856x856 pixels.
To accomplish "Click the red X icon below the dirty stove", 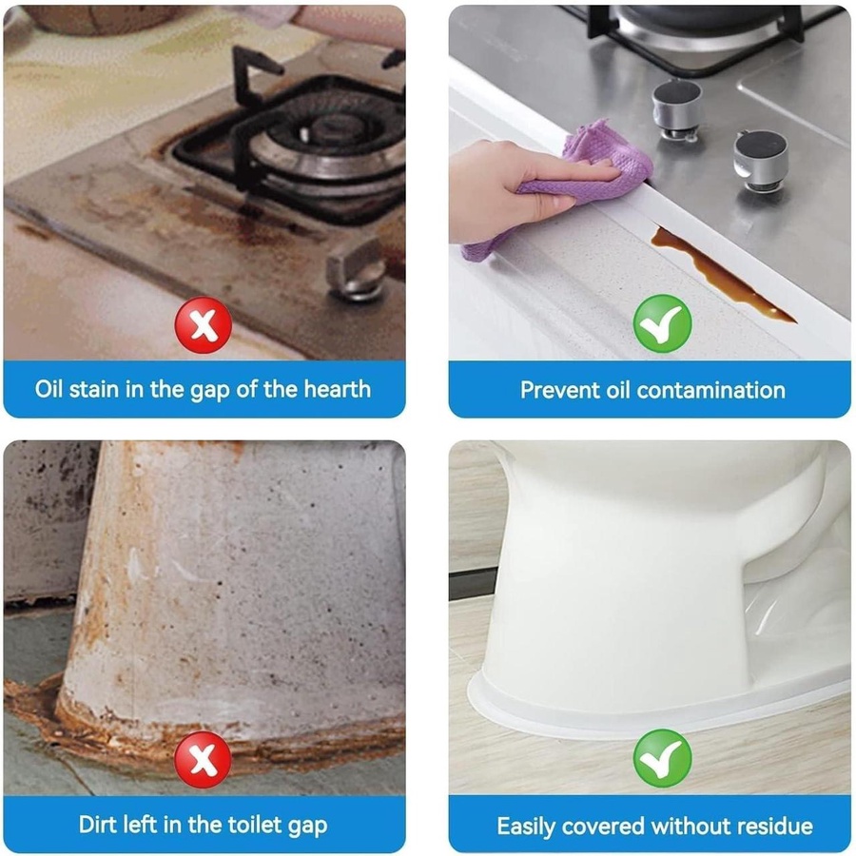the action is (204, 325).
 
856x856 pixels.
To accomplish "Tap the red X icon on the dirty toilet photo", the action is (204, 759).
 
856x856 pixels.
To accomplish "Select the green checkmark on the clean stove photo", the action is (662, 323).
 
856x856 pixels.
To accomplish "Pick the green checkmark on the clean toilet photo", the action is (662, 758).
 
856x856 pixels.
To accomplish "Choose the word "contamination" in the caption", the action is (710, 390).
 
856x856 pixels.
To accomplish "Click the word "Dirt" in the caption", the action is (96, 825).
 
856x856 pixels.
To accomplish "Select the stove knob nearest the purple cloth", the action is (676, 109).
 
